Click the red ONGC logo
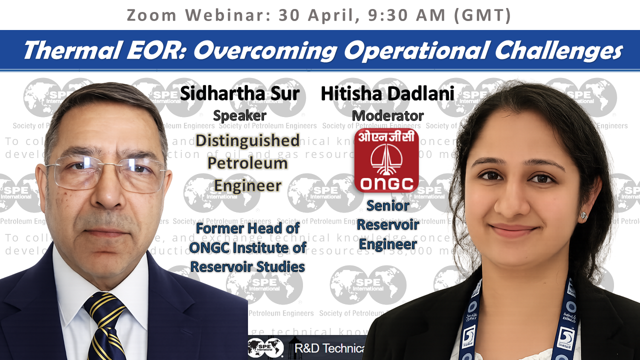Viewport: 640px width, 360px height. [386, 160]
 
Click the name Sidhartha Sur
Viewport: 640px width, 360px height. [240, 93]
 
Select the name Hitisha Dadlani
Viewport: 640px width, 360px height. [387, 93]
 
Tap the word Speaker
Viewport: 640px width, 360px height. [239, 116]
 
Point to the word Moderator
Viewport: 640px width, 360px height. [387, 116]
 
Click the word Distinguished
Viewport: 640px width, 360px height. [247, 140]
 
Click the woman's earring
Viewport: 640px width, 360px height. [583, 215]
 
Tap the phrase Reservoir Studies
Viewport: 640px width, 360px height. [247, 266]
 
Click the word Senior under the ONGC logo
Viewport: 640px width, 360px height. [387, 205]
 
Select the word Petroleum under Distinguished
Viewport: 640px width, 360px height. [247, 163]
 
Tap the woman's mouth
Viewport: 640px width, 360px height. [514, 230]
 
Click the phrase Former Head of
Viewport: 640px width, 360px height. [247, 228]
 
